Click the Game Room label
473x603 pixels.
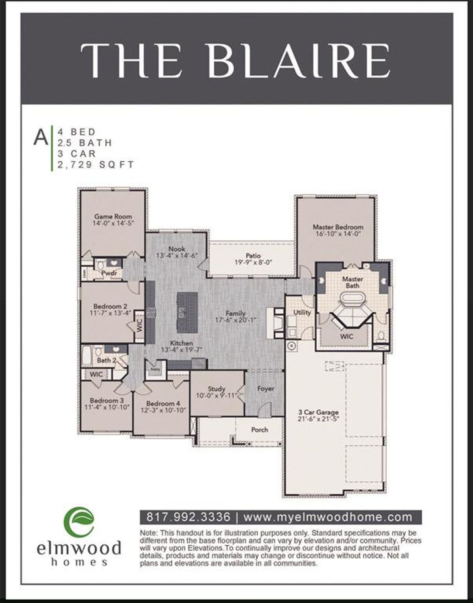[113, 217]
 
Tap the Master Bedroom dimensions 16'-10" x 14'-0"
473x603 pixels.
[338, 234]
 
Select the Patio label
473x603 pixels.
[253, 256]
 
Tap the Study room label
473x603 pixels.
[217, 389]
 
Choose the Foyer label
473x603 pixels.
[266, 388]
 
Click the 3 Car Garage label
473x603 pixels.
[318, 412]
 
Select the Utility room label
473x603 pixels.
[302, 312]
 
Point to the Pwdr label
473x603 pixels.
[109, 273]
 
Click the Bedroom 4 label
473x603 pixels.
[163, 404]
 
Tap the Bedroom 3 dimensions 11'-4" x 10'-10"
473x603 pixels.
[106, 407]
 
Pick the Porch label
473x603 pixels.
[259, 430]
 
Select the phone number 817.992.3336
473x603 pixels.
[189, 517]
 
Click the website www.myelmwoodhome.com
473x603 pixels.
[328, 517]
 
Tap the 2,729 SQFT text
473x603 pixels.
[96, 165]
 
